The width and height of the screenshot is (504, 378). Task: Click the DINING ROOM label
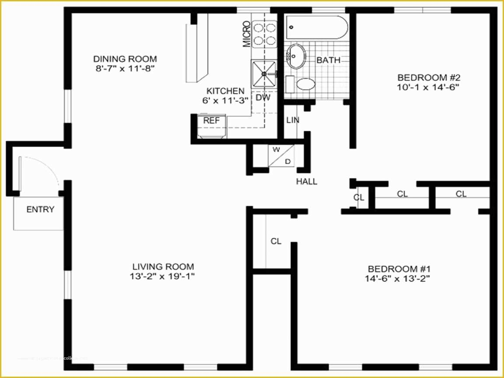[x=125, y=59]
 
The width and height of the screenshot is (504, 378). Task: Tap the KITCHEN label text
[x=225, y=91]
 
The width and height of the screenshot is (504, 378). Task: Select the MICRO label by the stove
[x=247, y=34]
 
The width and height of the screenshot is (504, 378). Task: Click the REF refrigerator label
[x=211, y=120]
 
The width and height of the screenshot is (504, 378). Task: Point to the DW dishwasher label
[x=263, y=98]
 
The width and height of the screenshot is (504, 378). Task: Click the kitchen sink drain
[x=264, y=74]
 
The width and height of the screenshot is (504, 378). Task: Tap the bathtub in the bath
[x=317, y=28]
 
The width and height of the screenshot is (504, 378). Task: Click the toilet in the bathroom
[x=305, y=84]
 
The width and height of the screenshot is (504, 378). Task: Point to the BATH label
[x=328, y=60]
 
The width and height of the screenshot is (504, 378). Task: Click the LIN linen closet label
[x=292, y=119]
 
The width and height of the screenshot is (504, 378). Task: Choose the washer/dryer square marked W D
[x=281, y=155]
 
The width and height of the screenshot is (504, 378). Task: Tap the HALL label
[x=306, y=182]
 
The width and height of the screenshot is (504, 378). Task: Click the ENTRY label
[x=40, y=209]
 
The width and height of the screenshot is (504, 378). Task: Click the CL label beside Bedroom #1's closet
[x=276, y=241]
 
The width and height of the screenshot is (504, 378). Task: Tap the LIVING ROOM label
[x=163, y=266]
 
